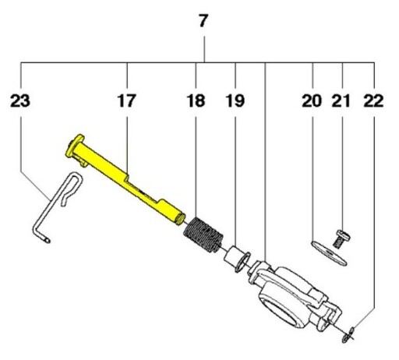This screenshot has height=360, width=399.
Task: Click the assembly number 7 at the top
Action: coord(203,21)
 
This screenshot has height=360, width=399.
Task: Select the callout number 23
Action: coord(20,101)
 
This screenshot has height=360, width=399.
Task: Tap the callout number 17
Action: coord(126,101)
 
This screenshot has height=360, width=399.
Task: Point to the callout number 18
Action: coord(196,101)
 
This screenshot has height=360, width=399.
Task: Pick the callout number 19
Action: coord(235,101)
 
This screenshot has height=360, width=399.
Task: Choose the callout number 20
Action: coord(312,101)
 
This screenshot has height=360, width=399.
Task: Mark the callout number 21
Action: coord(341,101)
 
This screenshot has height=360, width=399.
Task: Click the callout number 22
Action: coord(373,101)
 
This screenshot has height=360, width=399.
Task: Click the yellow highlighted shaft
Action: coord(125,179)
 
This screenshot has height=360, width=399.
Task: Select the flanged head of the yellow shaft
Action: coord(74,146)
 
